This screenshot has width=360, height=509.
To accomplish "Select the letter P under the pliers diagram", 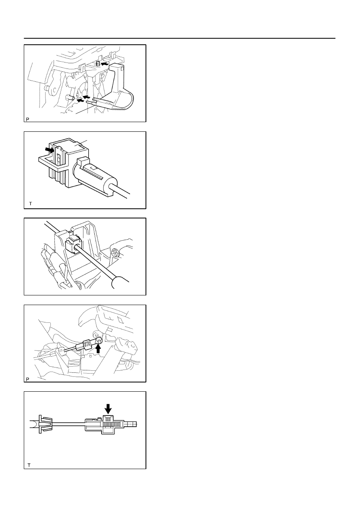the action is (27, 119).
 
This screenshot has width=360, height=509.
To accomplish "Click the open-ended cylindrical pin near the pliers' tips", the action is (69, 98).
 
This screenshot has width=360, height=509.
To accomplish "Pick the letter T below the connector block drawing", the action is (31, 204).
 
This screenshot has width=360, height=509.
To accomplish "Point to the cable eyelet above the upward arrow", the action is (99, 341).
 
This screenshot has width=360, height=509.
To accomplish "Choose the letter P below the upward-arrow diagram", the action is (27, 379).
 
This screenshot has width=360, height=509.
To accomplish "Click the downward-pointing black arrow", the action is (108, 409).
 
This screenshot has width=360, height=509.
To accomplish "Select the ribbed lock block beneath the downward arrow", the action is (108, 424).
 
